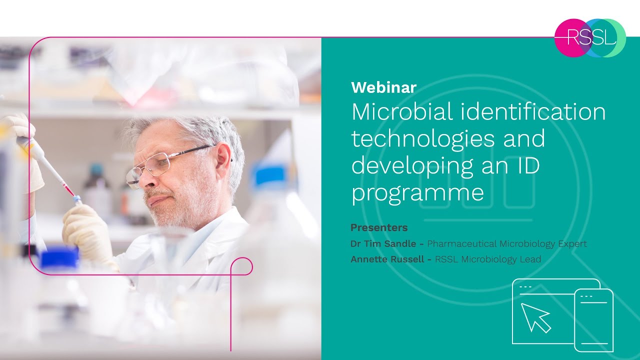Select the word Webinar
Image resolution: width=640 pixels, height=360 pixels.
383,87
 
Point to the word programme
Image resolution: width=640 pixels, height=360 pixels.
417,193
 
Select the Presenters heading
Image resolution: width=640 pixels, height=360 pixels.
379,227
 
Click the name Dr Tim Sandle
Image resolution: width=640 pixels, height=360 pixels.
383,244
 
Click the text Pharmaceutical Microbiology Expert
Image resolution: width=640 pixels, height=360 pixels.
506,244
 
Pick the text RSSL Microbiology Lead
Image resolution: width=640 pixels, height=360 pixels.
487,259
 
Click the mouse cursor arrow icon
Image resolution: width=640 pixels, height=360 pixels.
535,317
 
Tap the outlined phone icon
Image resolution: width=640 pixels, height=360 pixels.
593,320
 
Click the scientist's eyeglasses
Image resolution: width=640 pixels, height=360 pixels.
165,162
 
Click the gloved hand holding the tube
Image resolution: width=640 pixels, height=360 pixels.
87,230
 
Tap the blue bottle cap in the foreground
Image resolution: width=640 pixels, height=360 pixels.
59,258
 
